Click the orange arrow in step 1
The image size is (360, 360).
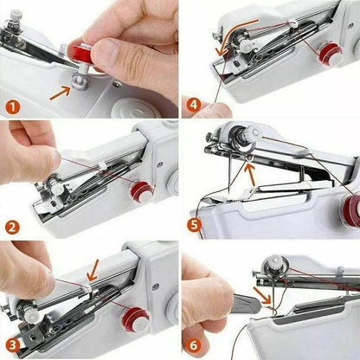point(61,88)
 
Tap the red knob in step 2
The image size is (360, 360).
point(138,190)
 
